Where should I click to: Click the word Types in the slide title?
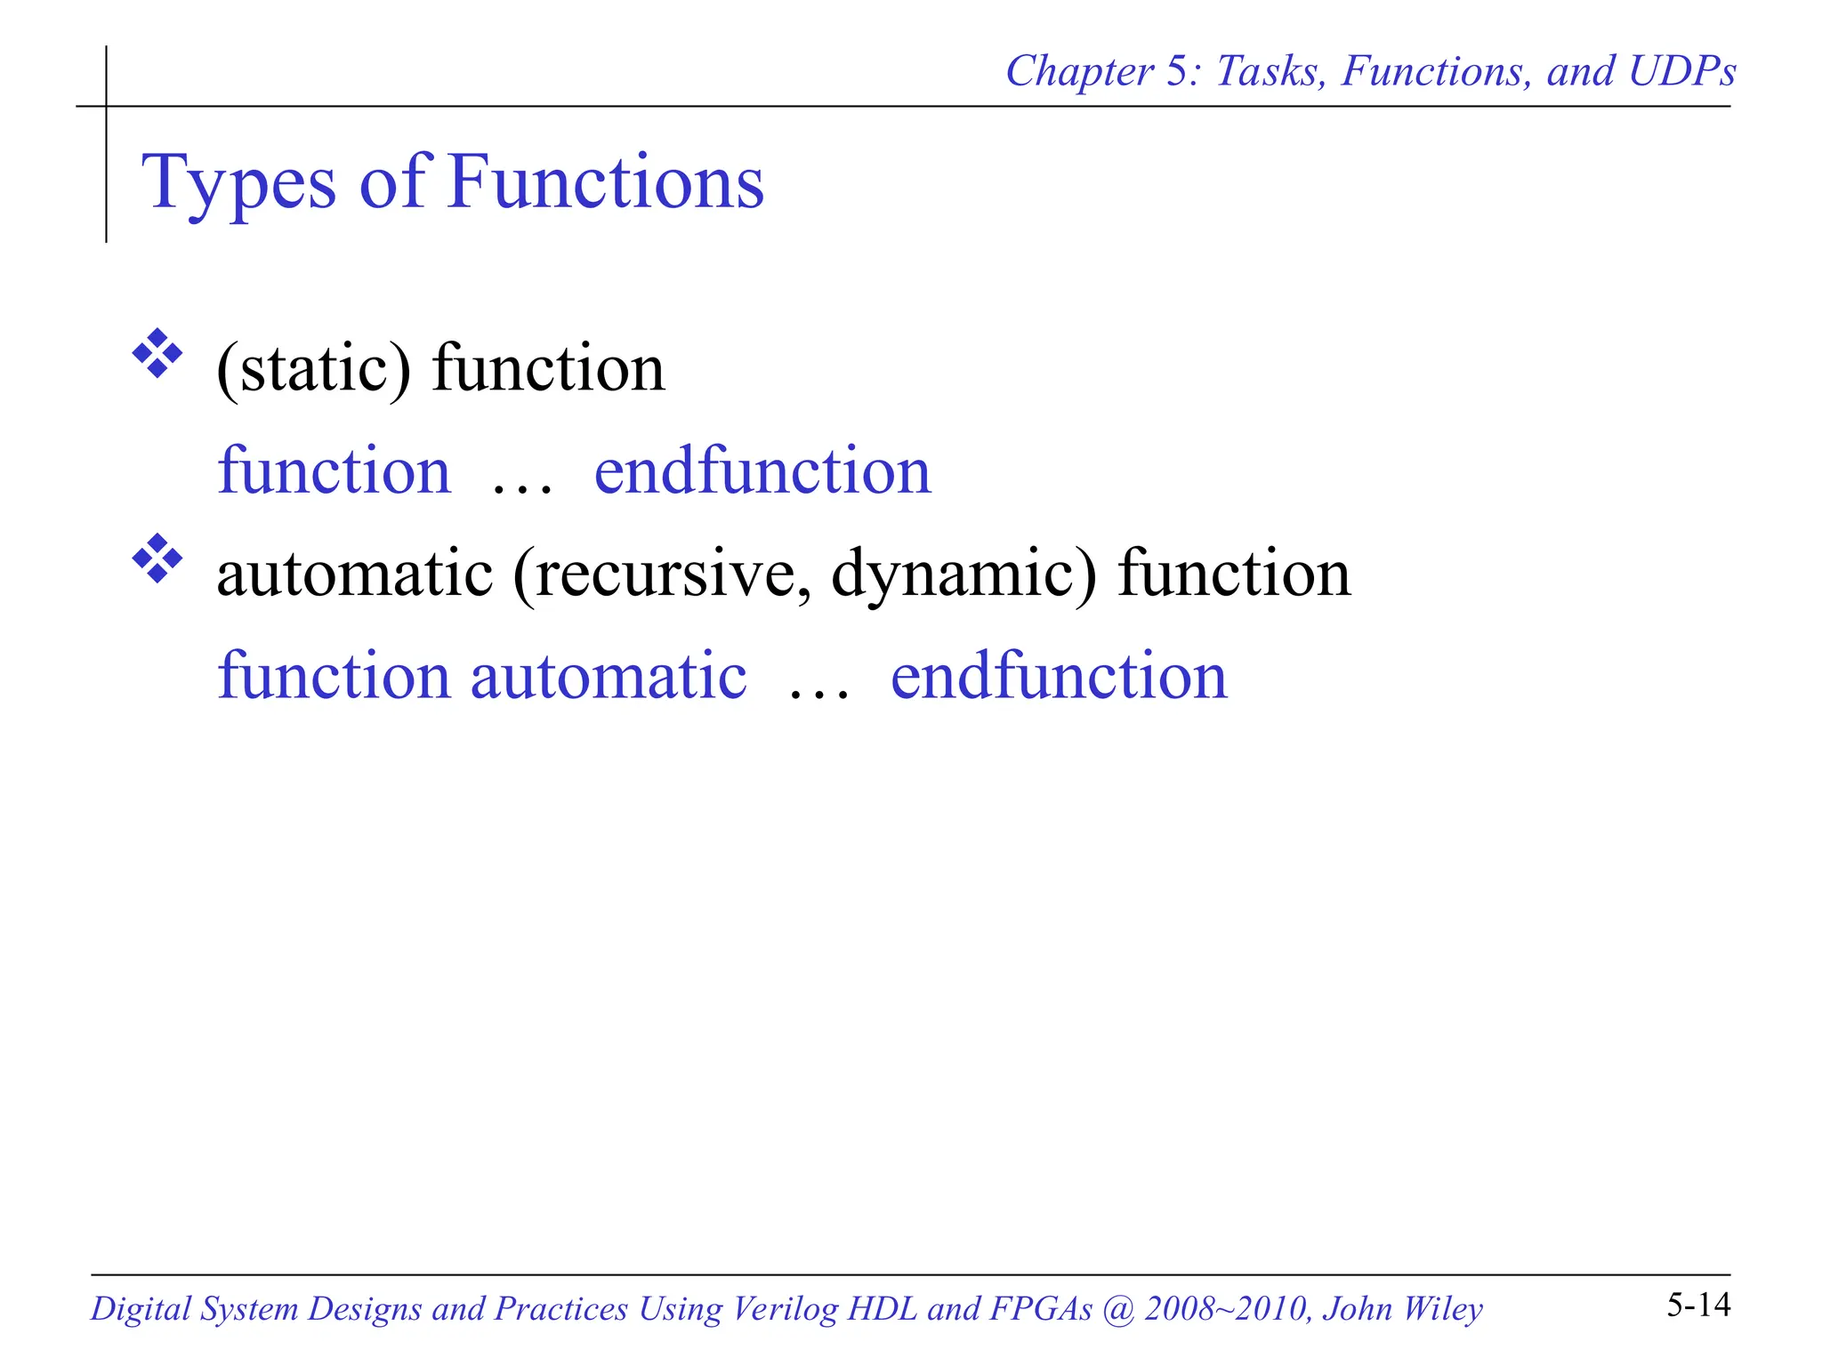tap(238, 185)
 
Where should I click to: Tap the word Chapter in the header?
tap(1078, 71)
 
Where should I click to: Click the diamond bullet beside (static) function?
tap(157, 354)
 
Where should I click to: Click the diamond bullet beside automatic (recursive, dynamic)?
tap(157, 558)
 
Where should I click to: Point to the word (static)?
tap(314, 368)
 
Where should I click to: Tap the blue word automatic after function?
tap(608, 677)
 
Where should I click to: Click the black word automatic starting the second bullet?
tap(354, 574)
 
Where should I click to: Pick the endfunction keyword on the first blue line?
tap(762, 471)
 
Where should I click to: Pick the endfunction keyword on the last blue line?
tap(1059, 677)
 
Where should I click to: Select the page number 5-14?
tap(1697, 1305)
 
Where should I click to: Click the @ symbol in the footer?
tap(1117, 1309)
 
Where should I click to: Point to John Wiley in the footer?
tap(1402, 1309)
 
